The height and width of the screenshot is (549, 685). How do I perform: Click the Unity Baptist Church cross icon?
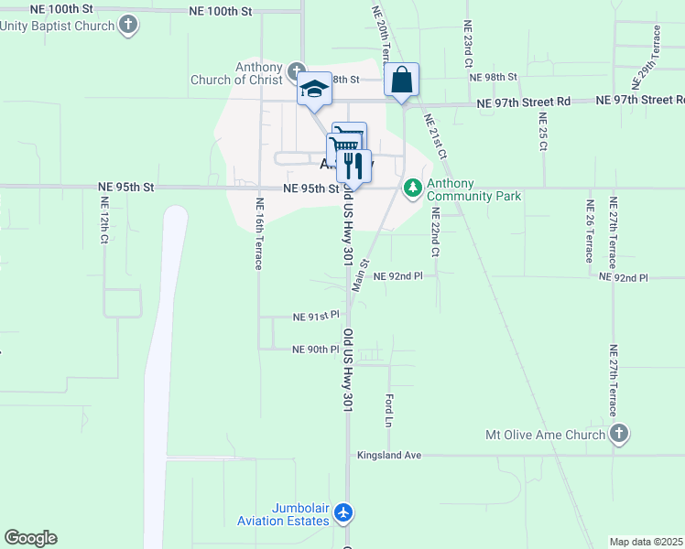point(129,25)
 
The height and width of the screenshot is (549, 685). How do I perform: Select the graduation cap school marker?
point(314,89)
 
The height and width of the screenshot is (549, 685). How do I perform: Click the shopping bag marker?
point(401,80)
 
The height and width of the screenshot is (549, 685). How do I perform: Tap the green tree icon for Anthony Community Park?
point(413,188)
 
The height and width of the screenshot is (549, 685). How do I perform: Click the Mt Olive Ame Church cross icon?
point(619,435)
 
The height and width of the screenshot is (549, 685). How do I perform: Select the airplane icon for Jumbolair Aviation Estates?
point(343,513)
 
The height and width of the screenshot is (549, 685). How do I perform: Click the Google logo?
point(30,538)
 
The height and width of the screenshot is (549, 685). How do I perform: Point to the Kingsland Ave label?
point(388,455)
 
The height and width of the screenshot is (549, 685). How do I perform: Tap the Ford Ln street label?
point(388,411)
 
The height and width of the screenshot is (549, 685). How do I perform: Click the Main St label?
point(360,275)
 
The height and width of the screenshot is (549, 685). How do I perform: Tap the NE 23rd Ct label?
point(467,45)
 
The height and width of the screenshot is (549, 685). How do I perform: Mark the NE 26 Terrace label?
point(589,232)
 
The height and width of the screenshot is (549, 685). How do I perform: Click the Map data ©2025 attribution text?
point(647,542)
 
